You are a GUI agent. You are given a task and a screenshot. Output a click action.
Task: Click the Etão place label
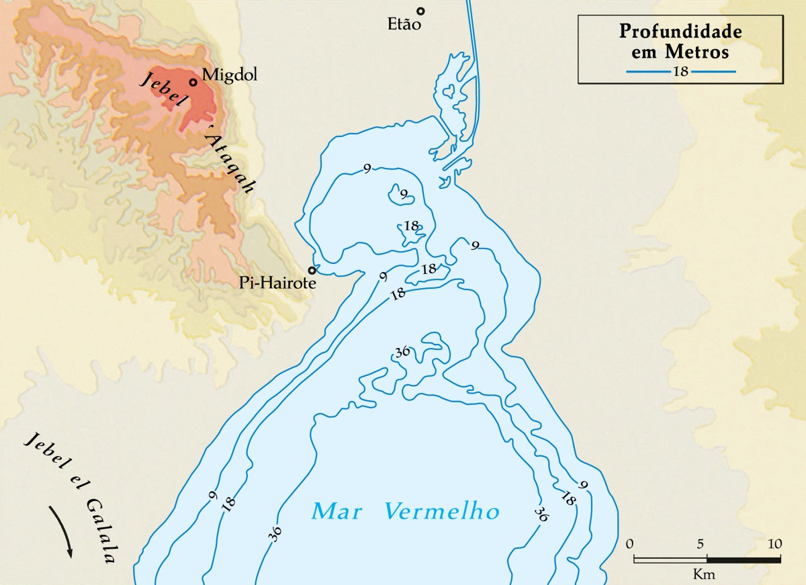point(404,25)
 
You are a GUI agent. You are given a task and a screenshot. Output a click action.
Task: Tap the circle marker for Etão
point(420,11)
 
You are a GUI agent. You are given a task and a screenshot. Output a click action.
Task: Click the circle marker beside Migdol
point(193,83)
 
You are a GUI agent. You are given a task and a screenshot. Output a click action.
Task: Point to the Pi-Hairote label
point(277,283)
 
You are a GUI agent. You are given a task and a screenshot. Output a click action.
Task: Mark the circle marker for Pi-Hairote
point(312,271)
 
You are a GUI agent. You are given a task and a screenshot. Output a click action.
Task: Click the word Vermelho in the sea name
point(443,512)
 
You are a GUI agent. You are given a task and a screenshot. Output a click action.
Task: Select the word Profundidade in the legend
point(680,32)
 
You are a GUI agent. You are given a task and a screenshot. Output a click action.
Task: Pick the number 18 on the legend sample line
point(680,71)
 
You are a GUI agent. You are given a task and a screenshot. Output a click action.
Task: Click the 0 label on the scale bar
point(629,543)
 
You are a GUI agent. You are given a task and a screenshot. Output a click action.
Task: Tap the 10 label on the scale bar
point(774,543)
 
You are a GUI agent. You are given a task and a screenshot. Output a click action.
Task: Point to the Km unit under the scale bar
point(705,575)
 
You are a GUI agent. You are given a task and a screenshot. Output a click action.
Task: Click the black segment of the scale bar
point(743,559)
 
